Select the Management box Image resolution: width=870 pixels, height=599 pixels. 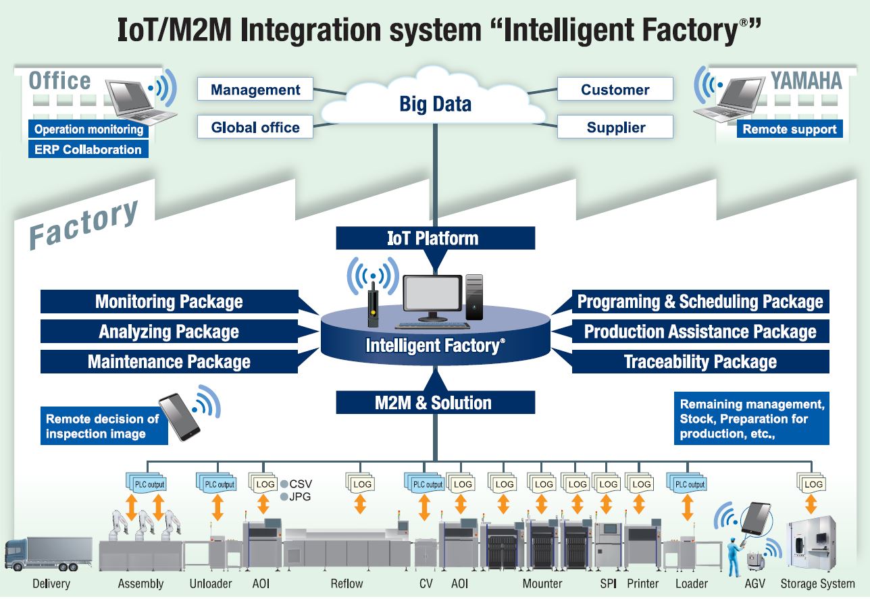point(255,90)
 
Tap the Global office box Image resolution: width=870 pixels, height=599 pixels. point(255,127)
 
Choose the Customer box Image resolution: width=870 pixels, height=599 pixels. point(615,89)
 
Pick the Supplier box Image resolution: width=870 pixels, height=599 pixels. point(615,127)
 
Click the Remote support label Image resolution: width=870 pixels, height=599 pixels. point(790,129)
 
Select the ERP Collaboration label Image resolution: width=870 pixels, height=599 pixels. point(88,149)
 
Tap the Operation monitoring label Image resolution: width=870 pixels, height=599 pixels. point(88,129)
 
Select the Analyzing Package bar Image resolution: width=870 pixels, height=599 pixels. point(169,332)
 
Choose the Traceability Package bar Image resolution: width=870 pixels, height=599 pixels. point(700,362)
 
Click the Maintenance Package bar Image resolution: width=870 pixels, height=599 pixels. point(169,362)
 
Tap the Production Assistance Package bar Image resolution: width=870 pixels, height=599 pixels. point(700,332)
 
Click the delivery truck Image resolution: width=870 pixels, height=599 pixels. point(48,554)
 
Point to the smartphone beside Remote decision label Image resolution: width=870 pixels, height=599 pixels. point(179,417)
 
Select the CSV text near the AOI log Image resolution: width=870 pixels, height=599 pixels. point(301,484)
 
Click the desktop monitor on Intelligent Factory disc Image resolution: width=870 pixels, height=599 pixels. point(432,297)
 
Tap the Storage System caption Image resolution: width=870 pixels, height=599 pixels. point(817,583)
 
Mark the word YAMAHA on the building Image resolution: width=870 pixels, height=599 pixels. point(807,82)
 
